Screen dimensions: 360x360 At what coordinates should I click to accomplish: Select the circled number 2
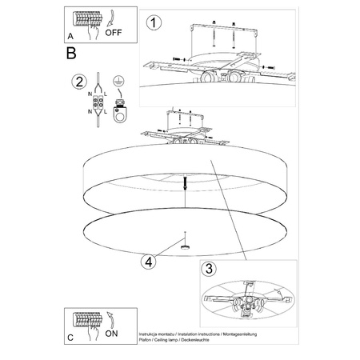pos(78,81)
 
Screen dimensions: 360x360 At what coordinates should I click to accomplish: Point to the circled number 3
pos(209,269)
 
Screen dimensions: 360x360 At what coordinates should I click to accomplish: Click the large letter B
pos(71,54)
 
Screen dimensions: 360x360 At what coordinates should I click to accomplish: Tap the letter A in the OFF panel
pos(70,37)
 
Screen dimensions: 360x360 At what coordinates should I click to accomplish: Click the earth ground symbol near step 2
pos(118,81)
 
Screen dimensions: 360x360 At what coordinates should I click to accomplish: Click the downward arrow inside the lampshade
pos(185,182)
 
